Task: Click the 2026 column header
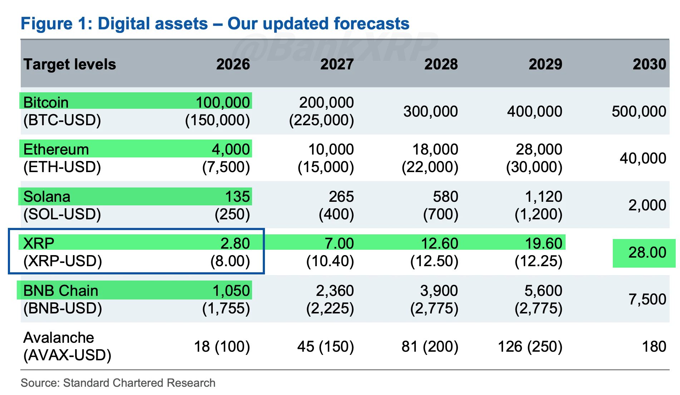pos(233,64)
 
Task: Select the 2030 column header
pos(649,64)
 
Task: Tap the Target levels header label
pos(70,64)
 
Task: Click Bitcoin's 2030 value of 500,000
pos(639,111)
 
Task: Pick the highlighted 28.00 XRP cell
pos(647,253)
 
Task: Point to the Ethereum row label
pos(56,149)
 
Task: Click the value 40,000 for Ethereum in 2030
pos(642,158)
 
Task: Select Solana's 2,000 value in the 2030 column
pos(647,205)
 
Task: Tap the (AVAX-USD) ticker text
pos(67,355)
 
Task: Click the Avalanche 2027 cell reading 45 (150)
pos(325,346)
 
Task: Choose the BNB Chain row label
pos(60,291)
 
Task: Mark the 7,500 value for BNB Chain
pos(647,299)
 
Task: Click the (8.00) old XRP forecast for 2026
pos(230,261)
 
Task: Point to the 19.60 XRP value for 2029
pos(543,243)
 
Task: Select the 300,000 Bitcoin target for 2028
pos(430,111)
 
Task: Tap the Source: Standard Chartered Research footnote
pos(118,383)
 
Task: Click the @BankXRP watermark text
pos(336,47)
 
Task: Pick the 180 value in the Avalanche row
pos(654,346)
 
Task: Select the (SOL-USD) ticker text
pos(62,214)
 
